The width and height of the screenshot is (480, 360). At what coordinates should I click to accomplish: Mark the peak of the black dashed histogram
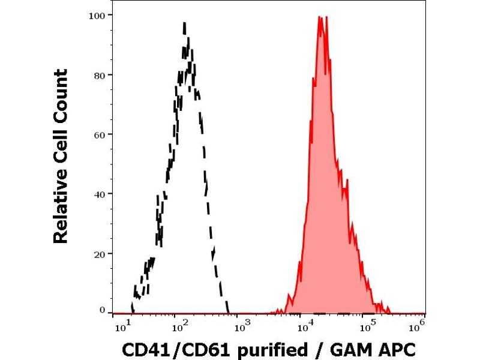pos(184,23)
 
